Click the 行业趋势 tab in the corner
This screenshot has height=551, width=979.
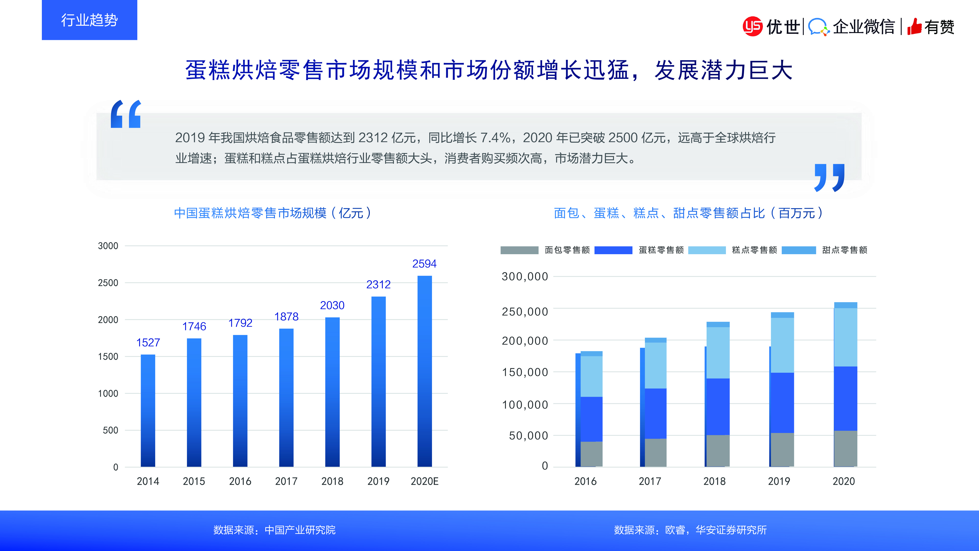[89, 20]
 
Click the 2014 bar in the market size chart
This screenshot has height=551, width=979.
[148, 411]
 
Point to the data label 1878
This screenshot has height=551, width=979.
[286, 316]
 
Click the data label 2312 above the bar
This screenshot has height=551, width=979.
[378, 284]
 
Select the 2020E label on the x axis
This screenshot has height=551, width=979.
[424, 481]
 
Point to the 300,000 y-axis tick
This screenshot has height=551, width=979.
[524, 276]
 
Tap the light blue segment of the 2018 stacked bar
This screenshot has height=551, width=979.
[718, 352]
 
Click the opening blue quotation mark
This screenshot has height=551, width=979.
[126, 114]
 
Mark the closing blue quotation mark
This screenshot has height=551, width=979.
[829, 178]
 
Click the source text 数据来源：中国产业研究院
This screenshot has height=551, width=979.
[274, 530]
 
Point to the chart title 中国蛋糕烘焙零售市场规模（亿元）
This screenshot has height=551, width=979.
[272, 213]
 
